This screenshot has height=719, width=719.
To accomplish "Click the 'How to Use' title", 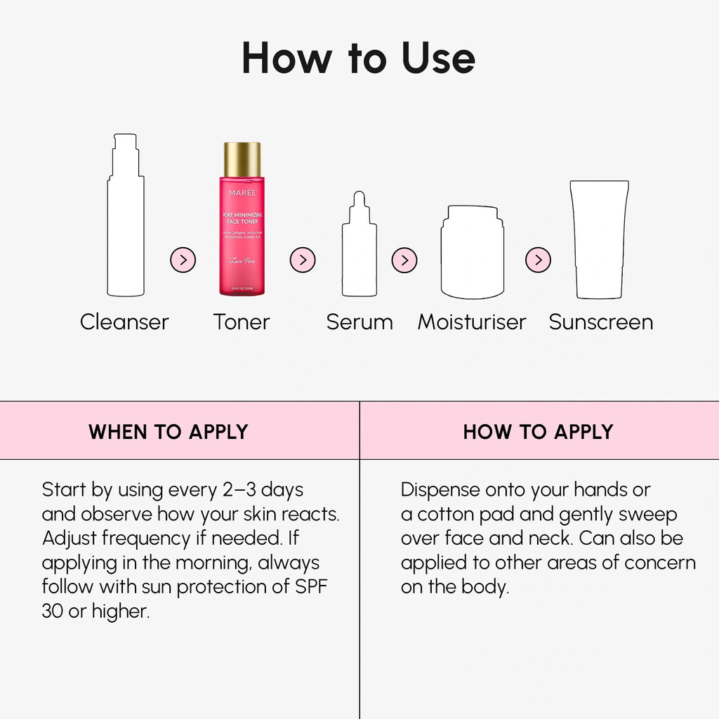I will pyautogui.click(x=359, y=58).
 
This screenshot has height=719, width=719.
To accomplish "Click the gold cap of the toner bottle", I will pyautogui.click(x=242, y=159).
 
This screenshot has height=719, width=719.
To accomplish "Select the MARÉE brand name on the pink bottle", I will pyautogui.click(x=242, y=192).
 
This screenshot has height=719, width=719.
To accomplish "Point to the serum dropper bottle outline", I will pyautogui.click(x=359, y=249).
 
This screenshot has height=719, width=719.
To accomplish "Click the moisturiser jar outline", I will pyautogui.click(x=472, y=253).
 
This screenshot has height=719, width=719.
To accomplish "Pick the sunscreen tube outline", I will pyautogui.click(x=599, y=239).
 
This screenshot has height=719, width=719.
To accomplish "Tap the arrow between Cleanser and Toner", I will pyautogui.click(x=183, y=260).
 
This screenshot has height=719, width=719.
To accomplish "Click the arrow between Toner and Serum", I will pyautogui.click(x=303, y=260).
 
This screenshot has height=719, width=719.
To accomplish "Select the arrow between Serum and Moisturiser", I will pyautogui.click(x=404, y=260).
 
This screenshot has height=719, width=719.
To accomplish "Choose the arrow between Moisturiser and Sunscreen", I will pyautogui.click(x=538, y=260).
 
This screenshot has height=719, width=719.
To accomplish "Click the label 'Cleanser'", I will pyautogui.click(x=124, y=322).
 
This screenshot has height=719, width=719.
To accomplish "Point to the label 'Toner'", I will pyautogui.click(x=242, y=322).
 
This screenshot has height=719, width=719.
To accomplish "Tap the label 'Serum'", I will pyautogui.click(x=359, y=322).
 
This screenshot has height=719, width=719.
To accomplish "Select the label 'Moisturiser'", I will pyautogui.click(x=472, y=322).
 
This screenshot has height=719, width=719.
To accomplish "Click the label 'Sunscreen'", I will pyautogui.click(x=601, y=322).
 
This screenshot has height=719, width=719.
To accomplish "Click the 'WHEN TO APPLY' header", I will pyautogui.click(x=169, y=432).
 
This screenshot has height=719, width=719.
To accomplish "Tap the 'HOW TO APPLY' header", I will pyautogui.click(x=538, y=432).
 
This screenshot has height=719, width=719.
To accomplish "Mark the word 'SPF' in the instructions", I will pyautogui.click(x=310, y=587).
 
